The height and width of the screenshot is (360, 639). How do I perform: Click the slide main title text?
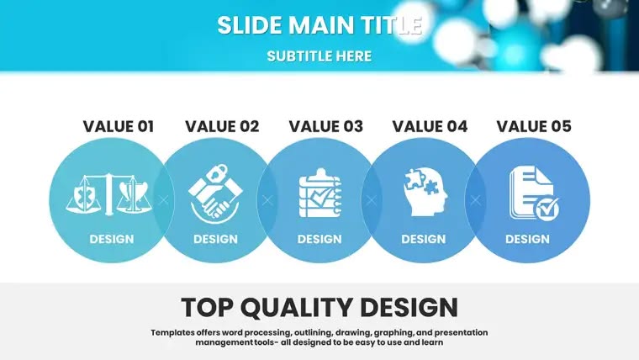click(x=319, y=25)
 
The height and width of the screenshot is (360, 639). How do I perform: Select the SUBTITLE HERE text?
click(x=319, y=56)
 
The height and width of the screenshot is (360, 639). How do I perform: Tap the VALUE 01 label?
click(x=119, y=126)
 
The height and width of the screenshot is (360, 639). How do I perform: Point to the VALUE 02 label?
click(x=222, y=126)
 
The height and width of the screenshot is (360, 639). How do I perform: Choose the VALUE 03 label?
click(x=326, y=126)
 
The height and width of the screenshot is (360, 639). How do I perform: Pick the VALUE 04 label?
click(x=430, y=126)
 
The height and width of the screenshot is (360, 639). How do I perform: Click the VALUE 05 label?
click(x=534, y=126)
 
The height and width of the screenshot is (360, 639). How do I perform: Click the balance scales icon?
click(x=108, y=194)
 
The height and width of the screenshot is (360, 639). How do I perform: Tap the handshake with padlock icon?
click(x=215, y=193)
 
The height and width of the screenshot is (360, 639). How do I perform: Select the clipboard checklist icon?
click(x=320, y=193)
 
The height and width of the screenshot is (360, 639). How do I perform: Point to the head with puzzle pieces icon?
click(x=425, y=193)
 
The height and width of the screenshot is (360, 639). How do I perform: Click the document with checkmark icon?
click(x=534, y=193)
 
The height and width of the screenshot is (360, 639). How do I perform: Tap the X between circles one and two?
click(x=163, y=200)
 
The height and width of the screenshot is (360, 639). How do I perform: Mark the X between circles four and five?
click(x=476, y=200)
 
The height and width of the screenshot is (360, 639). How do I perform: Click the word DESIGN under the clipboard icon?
click(x=319, y=239)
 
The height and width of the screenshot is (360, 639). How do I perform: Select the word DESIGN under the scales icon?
click(x=112, y=239)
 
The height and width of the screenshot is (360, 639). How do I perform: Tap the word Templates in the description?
click(x=173, y=332)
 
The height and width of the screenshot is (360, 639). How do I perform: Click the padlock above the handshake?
click(x=216, y=172)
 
